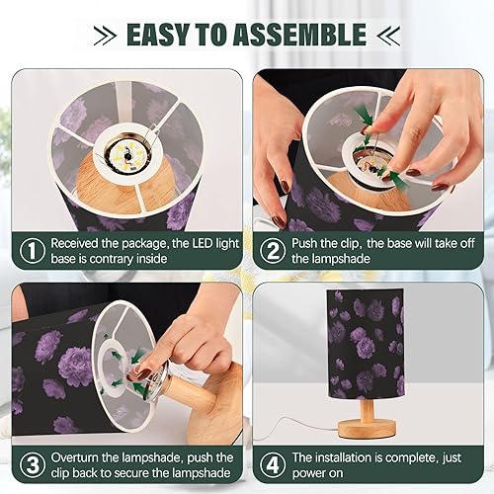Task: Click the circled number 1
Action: coord(33,251)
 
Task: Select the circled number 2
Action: coord(273,251)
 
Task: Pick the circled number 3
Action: coord(33,465)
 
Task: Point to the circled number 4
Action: coord(273,465)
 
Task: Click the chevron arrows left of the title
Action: coord(105,35)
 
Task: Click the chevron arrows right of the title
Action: coord(388,35)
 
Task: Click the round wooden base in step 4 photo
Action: coord(367,428)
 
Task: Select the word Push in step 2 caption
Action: coord(304,243)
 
